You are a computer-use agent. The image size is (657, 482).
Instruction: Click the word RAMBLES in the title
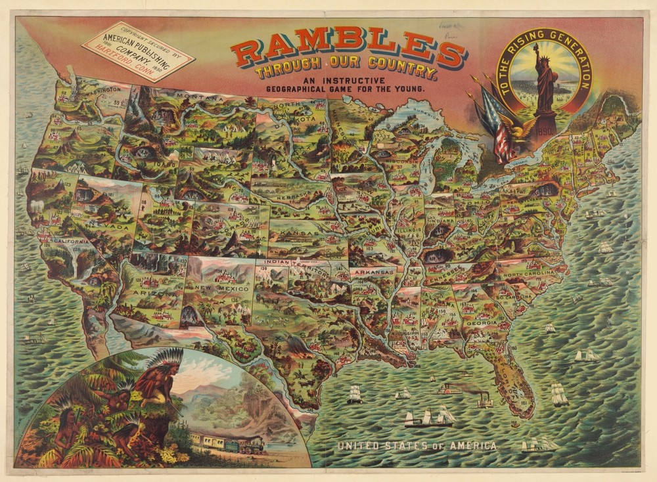coord(349,52)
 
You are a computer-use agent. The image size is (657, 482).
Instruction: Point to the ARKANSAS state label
coord(373,271)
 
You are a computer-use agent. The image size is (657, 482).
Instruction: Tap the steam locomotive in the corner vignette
coord(250,446)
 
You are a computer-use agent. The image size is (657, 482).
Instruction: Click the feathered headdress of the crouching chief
coord(158,362)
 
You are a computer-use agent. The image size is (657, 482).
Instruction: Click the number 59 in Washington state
coord(116,102)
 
